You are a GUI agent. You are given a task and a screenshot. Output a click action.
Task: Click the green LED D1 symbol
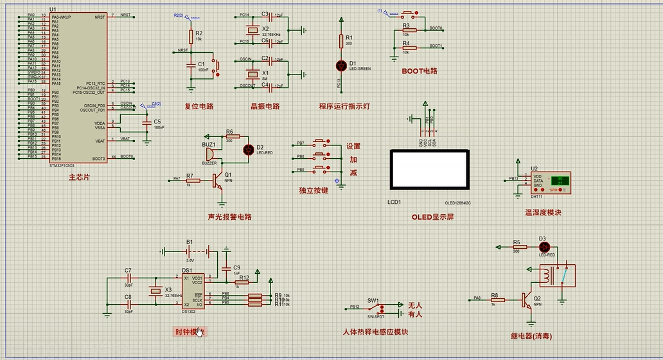pos(341,65)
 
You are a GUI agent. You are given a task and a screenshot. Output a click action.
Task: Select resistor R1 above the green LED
pos(341,41)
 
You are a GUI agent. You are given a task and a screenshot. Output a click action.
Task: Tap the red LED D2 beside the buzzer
pos(248,149)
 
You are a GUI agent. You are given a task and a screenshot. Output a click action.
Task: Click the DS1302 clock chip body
pos(192,291)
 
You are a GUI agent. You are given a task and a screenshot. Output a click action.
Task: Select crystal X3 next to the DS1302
pos(154,291)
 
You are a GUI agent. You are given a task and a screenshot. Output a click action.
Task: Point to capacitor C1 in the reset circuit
pos(190,64)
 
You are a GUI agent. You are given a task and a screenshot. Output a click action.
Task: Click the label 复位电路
pos(199,107)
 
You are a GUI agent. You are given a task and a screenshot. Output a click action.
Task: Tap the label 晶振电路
pos(265,107)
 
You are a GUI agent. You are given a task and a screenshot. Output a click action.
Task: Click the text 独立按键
pos(314,191)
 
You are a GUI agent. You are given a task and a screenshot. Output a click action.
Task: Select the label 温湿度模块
pos(543,212)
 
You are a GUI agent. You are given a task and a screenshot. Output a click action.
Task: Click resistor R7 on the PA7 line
pos(190,181)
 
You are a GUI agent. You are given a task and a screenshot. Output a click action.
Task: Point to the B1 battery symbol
pos(190,251)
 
